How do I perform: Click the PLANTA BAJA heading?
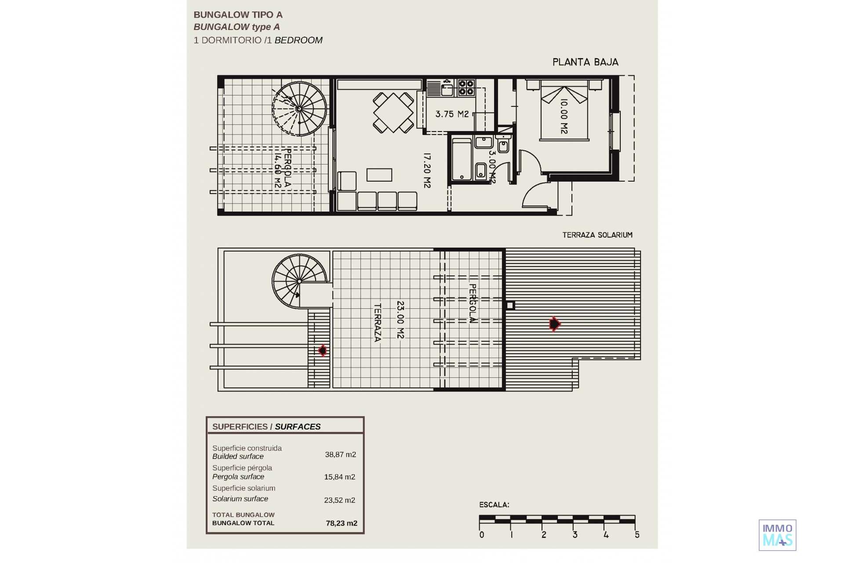[x=585, y=62]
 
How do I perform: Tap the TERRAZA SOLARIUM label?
[x=597, y=235]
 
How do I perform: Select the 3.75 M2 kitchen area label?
[x=452, y=114]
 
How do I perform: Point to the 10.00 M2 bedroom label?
[x=564, y=116]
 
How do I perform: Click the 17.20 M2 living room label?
[x=427, y=171]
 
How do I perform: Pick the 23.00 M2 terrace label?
[x=400, y=320]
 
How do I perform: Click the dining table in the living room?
[x=393, y=112]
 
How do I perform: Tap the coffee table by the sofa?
[x=379, y=175]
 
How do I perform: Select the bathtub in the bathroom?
[x=462, y=160]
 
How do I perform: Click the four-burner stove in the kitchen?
[x=466, y=88]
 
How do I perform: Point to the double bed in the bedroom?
[x=564, y=113]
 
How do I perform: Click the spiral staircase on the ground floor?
[x=299, y=109]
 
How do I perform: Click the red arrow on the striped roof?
[x=555, y=324]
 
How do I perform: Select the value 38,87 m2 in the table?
[x=341, y=454]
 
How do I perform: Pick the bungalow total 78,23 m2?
[x=342, y=523]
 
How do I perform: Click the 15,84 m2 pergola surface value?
[x=340, y=477]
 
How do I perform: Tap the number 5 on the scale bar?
[x=637, y=535]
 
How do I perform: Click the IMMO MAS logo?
[x=777, y=535]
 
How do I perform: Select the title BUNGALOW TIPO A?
[x=238, y=15]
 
